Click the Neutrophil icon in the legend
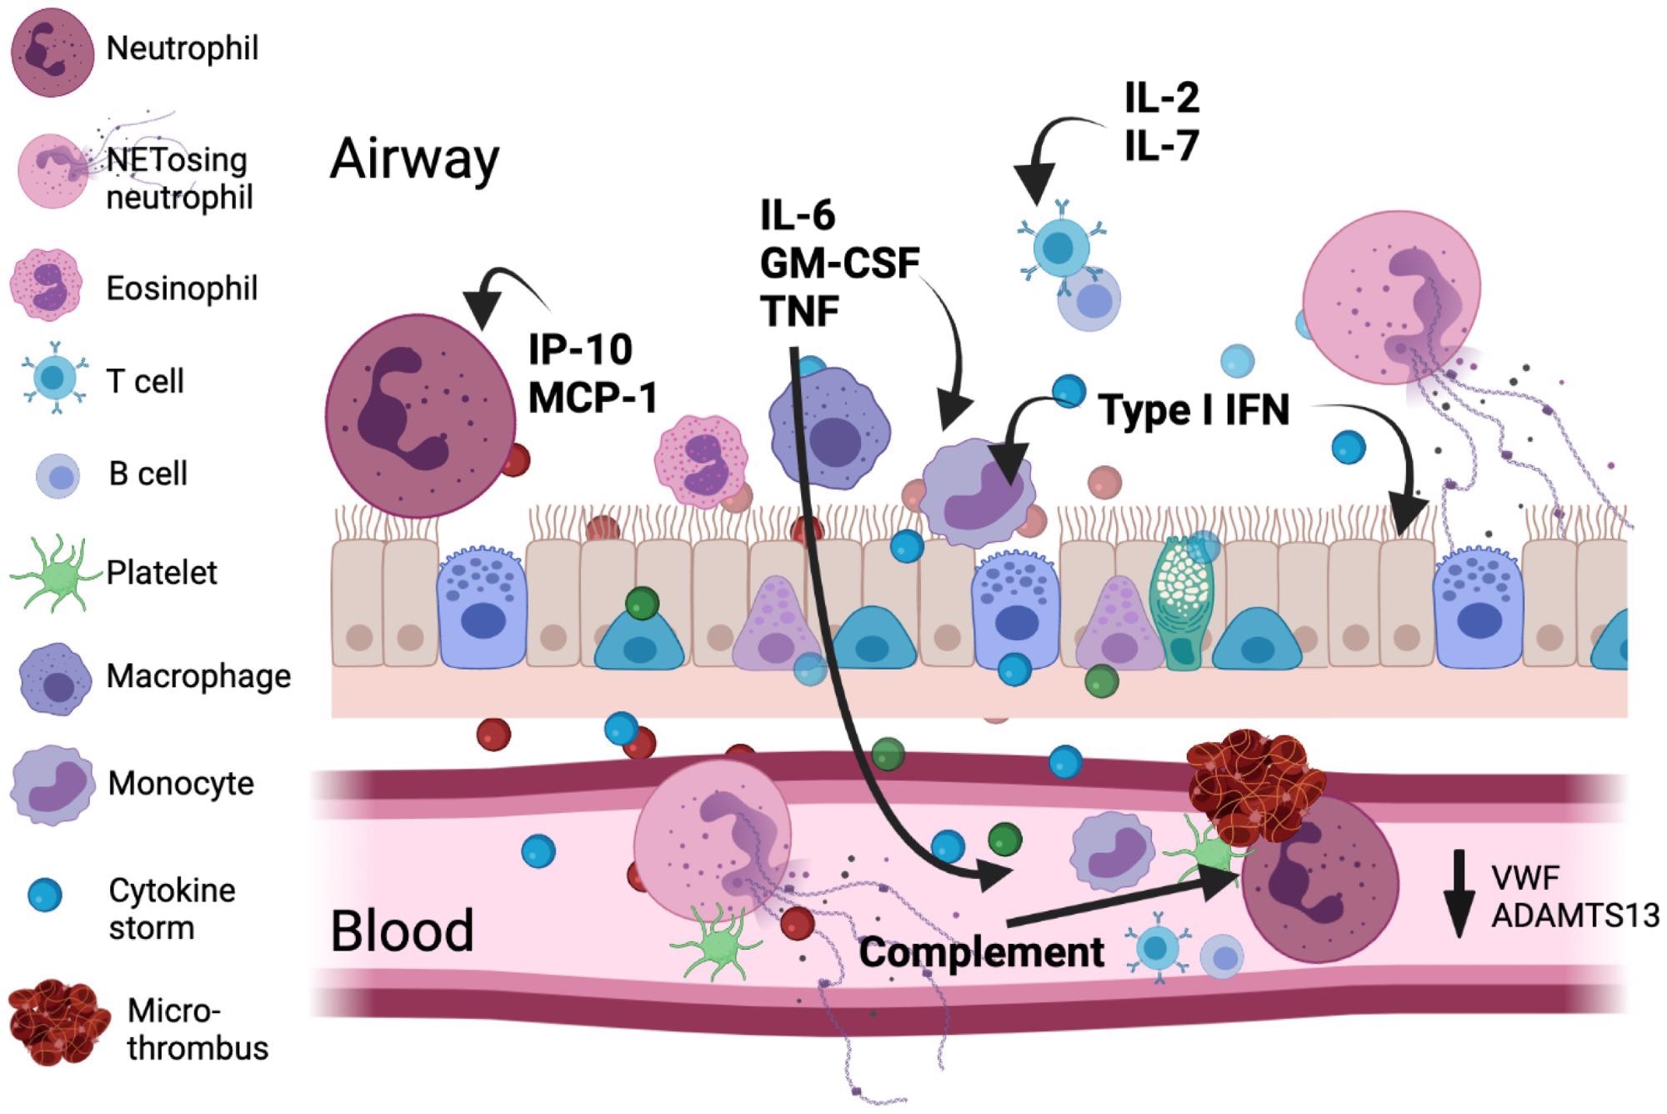pyautogui.click(x=52, y=52)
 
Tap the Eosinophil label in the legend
pyautogui.click(x=182, y=289)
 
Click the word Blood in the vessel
pyautogui.click(x=402, y=931)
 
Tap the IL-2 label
pyautogui.click(x=1161, y=98)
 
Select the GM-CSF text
pyautogui.click(x=839, y=263)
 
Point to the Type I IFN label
pyautogui.click(x=1194, y=410)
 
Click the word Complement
pyautogui.click(x=981, y=951)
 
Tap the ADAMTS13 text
pyautogui.click(x=1574, y=916)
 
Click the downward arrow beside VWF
pyautogui.click(x=1459, y=893)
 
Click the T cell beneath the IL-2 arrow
pyautogui.click(x=1061, y=248)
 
